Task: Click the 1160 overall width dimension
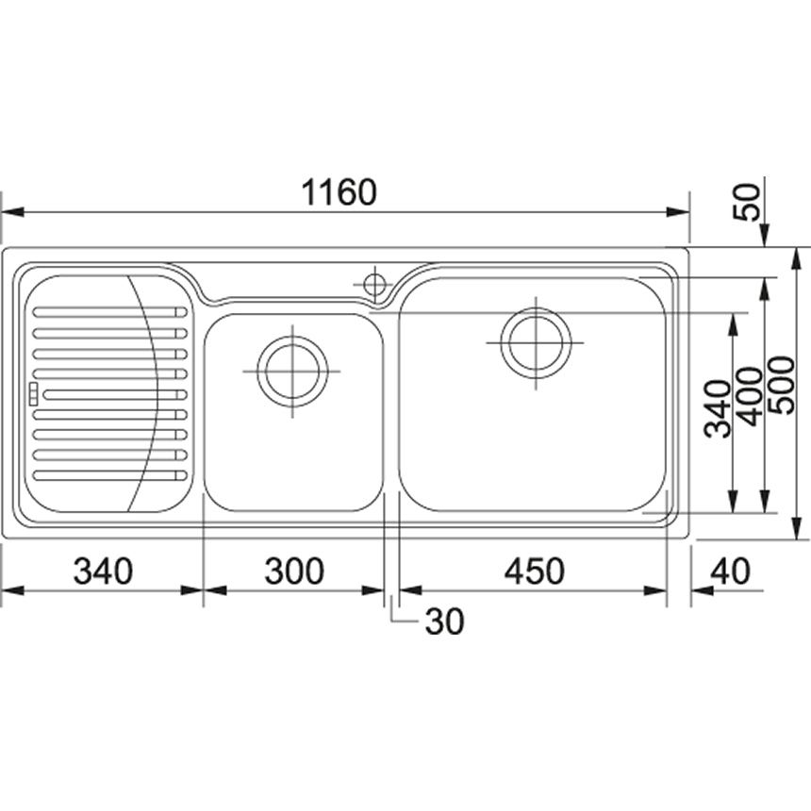click(x=339, y=192)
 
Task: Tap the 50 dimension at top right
click(x=749, y=202)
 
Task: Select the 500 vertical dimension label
click(x=781, y=385)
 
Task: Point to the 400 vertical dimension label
click(x=750, y=396)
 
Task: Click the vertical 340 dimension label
click(x=719, y=408)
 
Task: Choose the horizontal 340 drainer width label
click(x=104, y=571)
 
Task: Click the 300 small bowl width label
click(x=294, y=571)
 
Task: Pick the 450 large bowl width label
click(x=535, y=571)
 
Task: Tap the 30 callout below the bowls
click(x=445, y=621)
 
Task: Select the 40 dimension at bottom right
click(x=730, y=571)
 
